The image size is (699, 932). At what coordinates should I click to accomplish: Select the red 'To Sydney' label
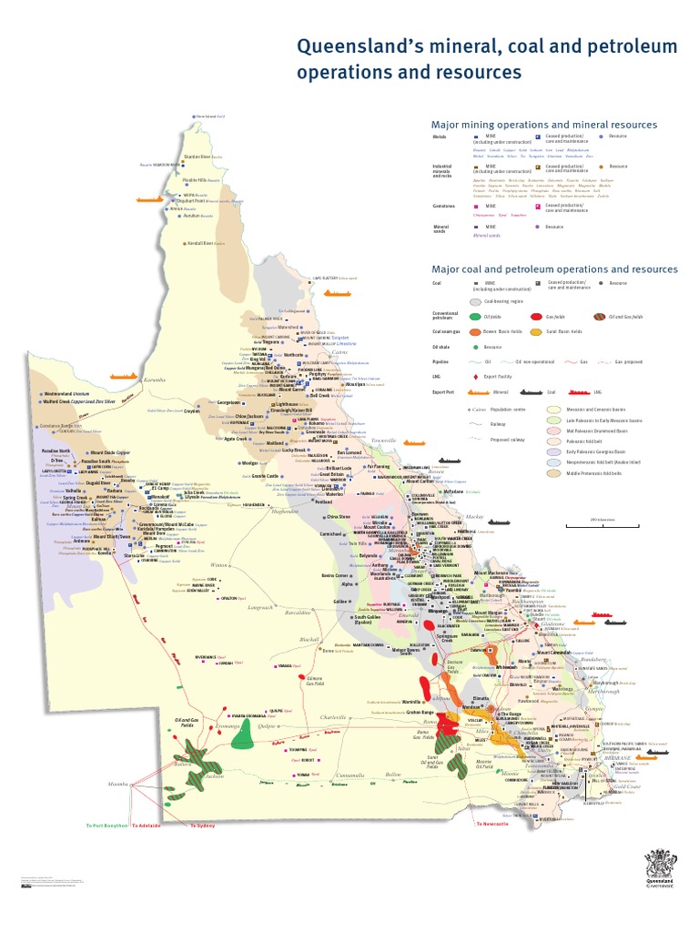click(202, 826)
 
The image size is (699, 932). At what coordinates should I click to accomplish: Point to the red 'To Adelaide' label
click(146, 826)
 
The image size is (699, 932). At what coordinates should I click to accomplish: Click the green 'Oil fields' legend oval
click(476, 316)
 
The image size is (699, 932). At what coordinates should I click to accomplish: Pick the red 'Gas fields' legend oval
click(537, 316)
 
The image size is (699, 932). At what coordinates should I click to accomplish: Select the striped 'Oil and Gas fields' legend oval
click(600, 316)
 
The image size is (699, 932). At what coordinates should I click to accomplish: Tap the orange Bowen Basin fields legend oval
click(476, 332)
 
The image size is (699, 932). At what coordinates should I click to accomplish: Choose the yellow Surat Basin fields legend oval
click(537, 332)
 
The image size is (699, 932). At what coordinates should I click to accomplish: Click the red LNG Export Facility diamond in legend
click(476, 377)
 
